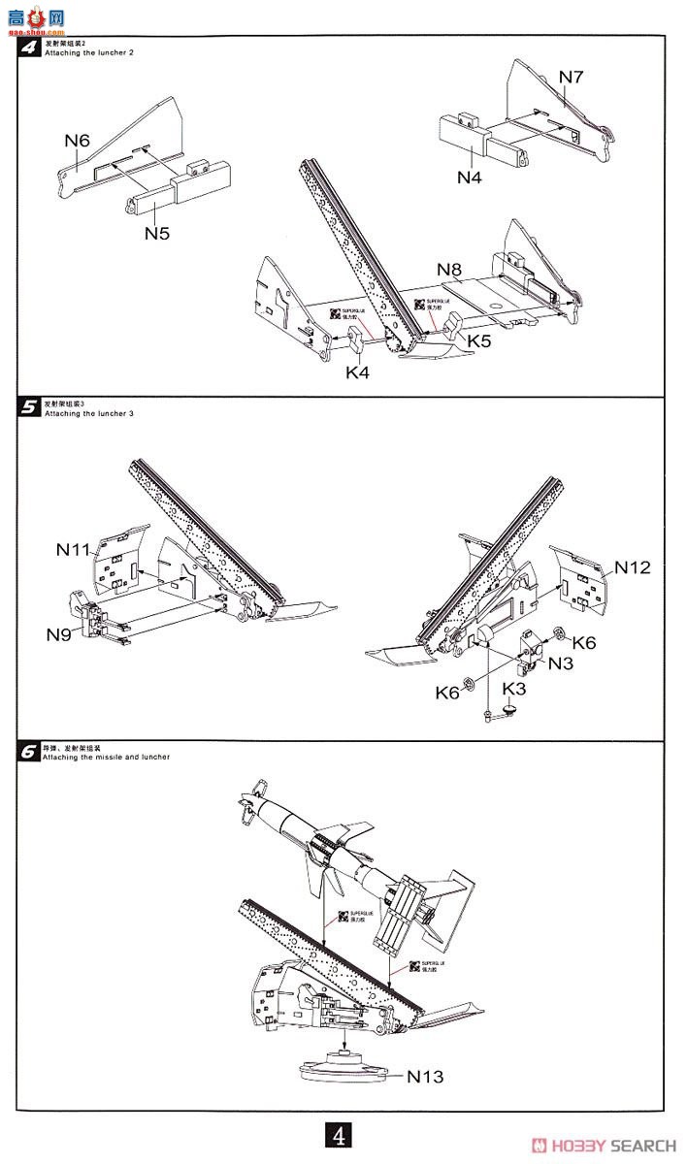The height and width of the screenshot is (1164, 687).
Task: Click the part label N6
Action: (78, 141)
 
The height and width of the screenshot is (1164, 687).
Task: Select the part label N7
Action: (571, 78)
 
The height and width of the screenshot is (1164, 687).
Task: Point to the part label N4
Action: (471, 177)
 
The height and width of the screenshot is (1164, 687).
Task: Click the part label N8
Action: (449, 269)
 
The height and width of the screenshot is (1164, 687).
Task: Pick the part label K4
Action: (357, 372)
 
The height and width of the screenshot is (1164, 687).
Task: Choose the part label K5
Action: (479, 340)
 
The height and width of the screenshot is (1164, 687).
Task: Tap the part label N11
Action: (73, 550)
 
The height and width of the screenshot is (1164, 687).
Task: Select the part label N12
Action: (633, 567)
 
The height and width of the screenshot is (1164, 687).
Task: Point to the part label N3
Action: (561, 663)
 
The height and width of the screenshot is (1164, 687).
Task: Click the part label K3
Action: (514, 689)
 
